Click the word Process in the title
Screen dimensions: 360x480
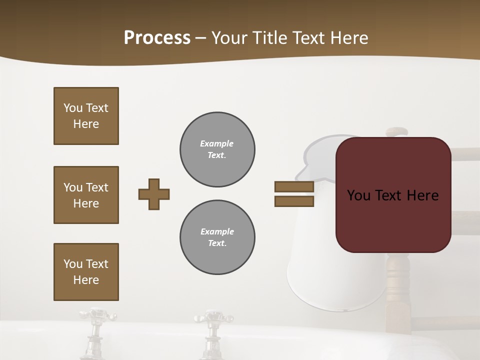tap(157, 38)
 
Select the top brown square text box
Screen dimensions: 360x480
tap(86, 116)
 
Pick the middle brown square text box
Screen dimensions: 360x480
tap(86, 195)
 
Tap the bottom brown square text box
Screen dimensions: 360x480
tap(86, 272)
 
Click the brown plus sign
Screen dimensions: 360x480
tap(154, 194)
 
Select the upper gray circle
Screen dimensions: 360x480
tap(217, 149)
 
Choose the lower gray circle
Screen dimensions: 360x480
tap(217, 237)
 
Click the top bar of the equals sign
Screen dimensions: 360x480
tap(294, 186)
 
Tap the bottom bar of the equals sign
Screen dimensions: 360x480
tap(294, 201)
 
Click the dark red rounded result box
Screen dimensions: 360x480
tap(393, 195)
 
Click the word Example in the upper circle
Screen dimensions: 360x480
tap(216, 143)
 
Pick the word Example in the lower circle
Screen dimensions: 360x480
tap(217, 231)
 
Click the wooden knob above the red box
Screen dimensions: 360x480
tap(397, 131)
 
